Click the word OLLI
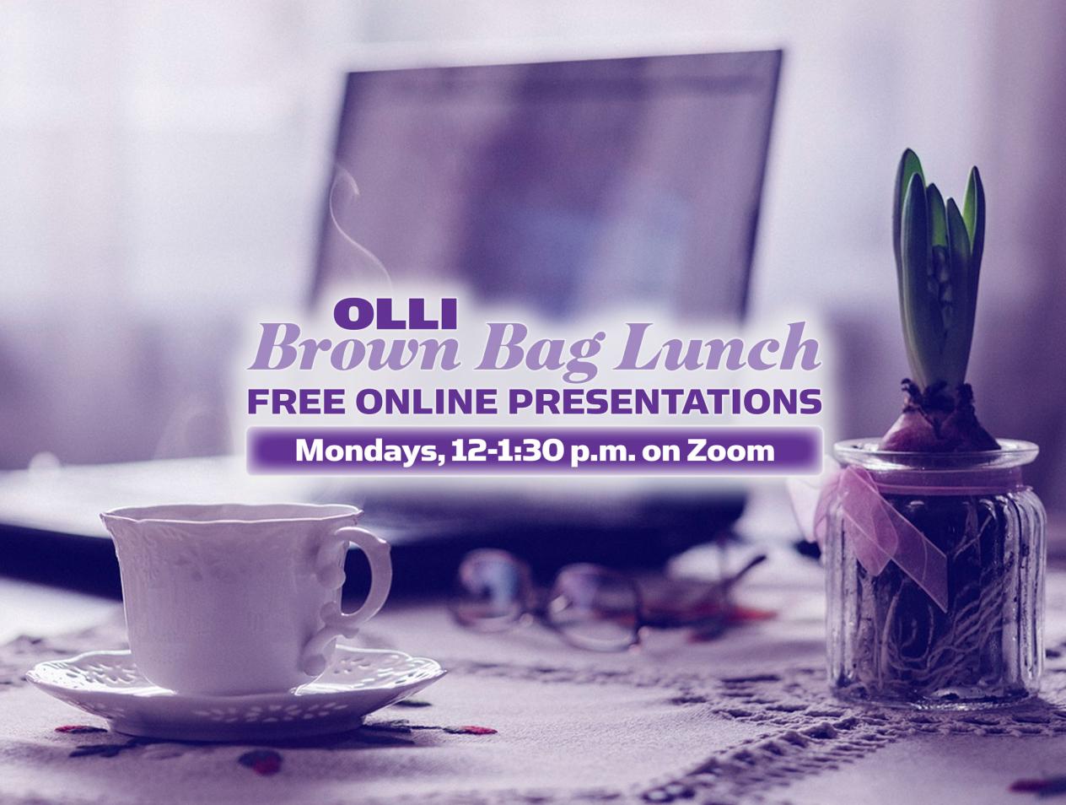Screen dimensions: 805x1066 (x=396, y=311)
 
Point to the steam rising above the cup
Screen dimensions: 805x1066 (x=354, y=219)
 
